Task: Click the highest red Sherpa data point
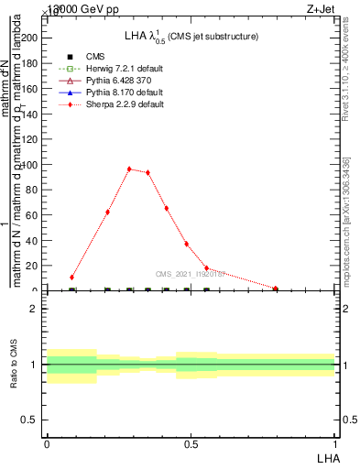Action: tap(129, 169)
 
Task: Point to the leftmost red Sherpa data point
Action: tap(71, 277)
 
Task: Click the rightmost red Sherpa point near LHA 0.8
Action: tap(276, 289)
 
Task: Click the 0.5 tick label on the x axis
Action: tap(191, 443)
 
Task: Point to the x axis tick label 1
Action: tap(334, 443)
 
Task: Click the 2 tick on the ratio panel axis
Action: tap(34, 309)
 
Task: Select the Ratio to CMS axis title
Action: tap(14, 365)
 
